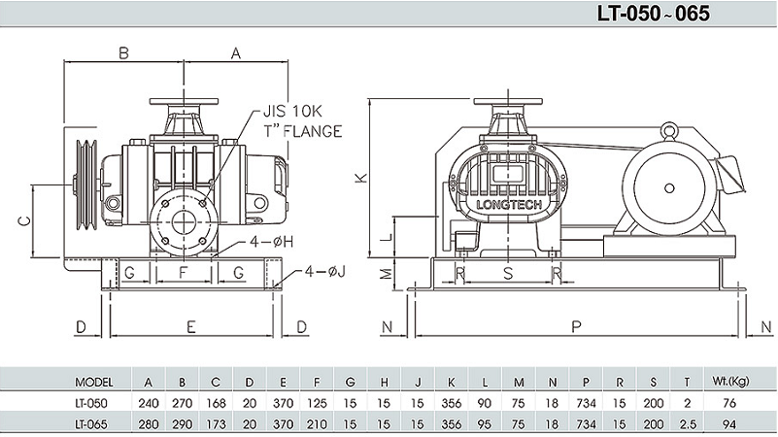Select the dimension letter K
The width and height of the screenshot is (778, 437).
click(x=359, y=178)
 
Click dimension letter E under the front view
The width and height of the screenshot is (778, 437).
click(x=191, y=327)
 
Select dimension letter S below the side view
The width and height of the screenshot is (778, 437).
click(x=507, y=274)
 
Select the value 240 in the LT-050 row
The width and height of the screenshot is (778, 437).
click(x=148, y=402)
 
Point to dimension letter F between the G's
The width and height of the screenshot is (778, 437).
click(x=183, y=272)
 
